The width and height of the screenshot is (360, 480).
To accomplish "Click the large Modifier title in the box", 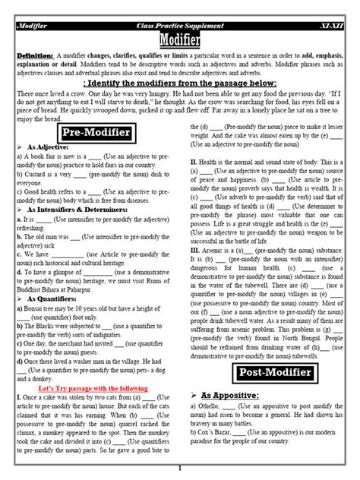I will (179, 39).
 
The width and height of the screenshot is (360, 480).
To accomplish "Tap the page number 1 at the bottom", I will (180, 469).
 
